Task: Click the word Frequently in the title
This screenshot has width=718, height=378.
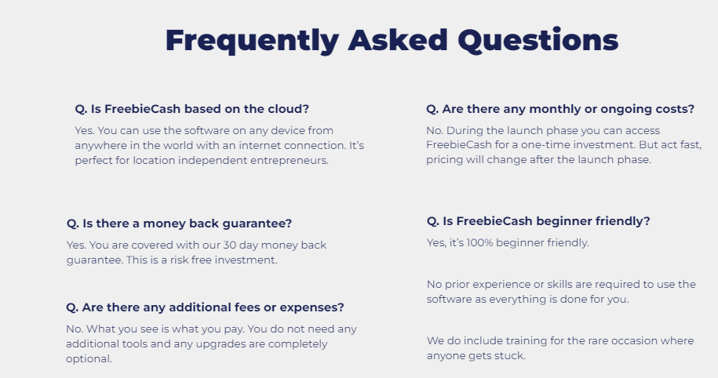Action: coord(253,41)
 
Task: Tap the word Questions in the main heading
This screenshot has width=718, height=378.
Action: coord(538,40)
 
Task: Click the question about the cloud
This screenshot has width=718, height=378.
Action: coord(192,109)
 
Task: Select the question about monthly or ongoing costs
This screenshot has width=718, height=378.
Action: coord(560,109)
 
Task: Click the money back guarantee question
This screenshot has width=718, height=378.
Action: coord(179,224)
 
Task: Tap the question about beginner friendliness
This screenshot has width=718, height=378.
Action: coord(538,221)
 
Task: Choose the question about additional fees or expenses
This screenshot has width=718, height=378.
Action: coord(205,307)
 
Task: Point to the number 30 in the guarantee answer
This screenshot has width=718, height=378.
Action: coord(229,245)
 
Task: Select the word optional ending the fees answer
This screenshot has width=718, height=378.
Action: coord(89,358)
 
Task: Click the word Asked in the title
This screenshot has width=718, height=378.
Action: coord(398,40)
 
